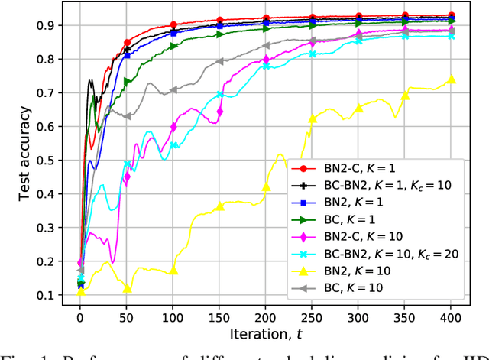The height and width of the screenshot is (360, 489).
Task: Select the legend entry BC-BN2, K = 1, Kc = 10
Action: click(x=373, y=185)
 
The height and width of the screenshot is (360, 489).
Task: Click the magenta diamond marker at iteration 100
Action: click(x=173, y=127)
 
